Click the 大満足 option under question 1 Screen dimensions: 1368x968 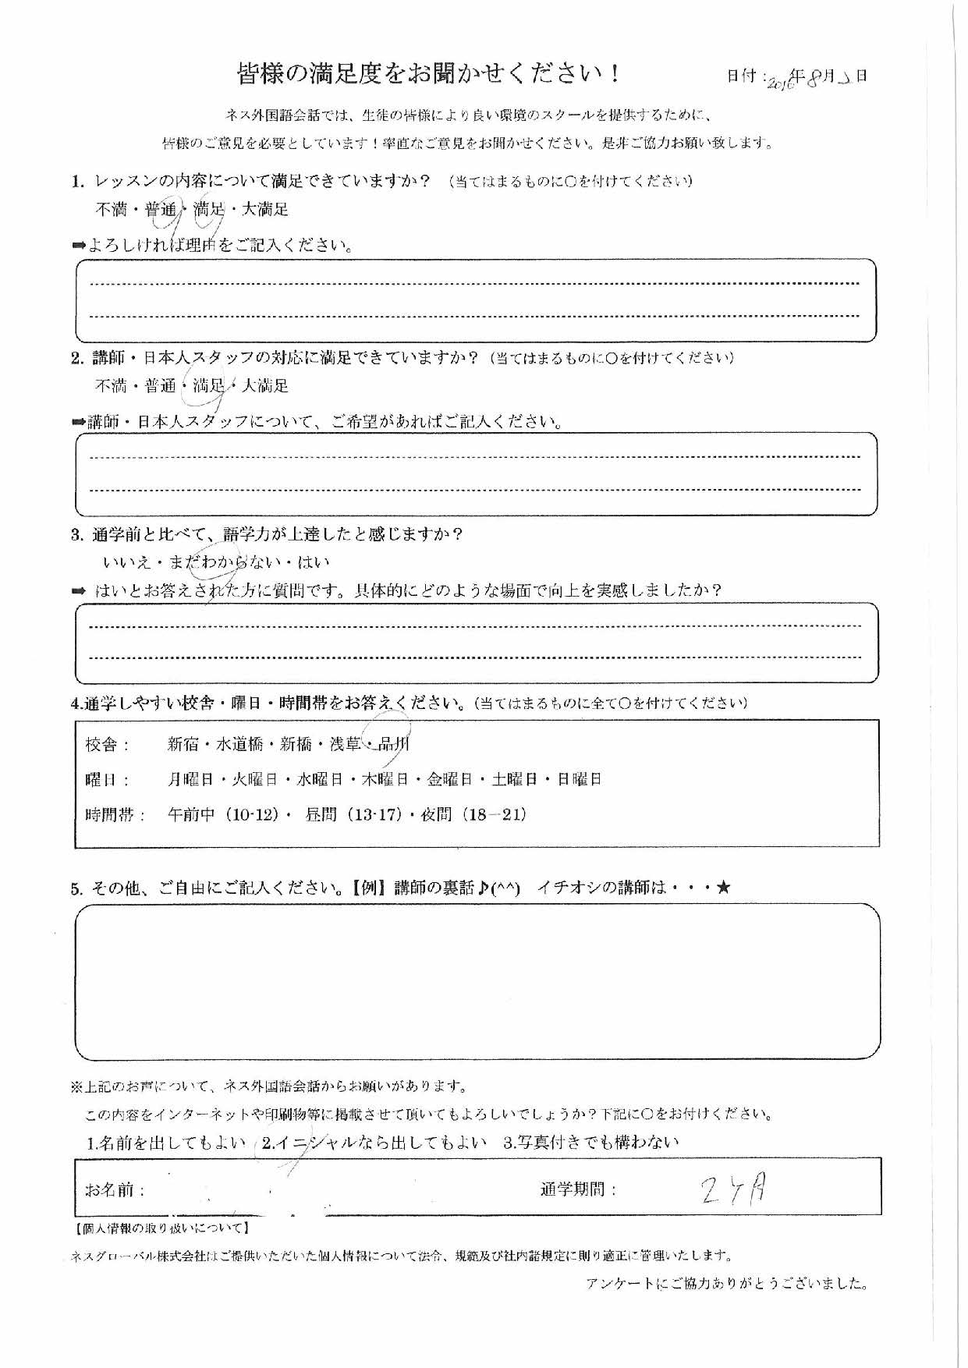[265, 209]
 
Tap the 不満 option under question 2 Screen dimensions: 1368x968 [110, 385]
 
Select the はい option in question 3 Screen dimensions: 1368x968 [314, 562]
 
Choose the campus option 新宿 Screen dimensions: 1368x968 [184, 744]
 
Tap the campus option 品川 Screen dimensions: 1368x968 [392, 744]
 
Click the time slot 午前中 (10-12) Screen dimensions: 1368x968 [224, 815]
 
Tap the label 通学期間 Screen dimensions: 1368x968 [577, 1190]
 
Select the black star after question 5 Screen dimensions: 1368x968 [724, 888]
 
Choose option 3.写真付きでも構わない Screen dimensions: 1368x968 [591, 1143]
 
